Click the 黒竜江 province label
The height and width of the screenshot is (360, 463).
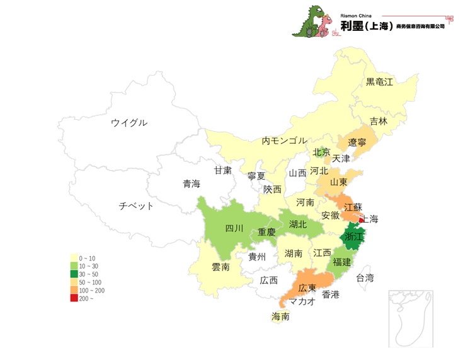tap(379, 82)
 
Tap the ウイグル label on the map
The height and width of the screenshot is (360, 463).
tap(129, 122)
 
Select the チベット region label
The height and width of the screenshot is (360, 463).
tap(136, 206)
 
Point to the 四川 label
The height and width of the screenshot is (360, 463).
tap(234, 228)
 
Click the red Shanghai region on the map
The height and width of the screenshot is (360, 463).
tap(361, 220)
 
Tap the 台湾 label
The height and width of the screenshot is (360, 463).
tap(365, 277)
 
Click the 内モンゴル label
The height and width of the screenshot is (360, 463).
tap(284, 141)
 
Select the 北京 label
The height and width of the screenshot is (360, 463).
tap(321, 152)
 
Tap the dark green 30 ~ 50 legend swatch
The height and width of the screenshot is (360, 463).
tap(74, 274)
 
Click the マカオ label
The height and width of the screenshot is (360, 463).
tap(303, 301)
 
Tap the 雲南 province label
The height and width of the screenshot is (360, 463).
tap(220, 267)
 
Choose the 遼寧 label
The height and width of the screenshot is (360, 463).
tap(357, 142)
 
